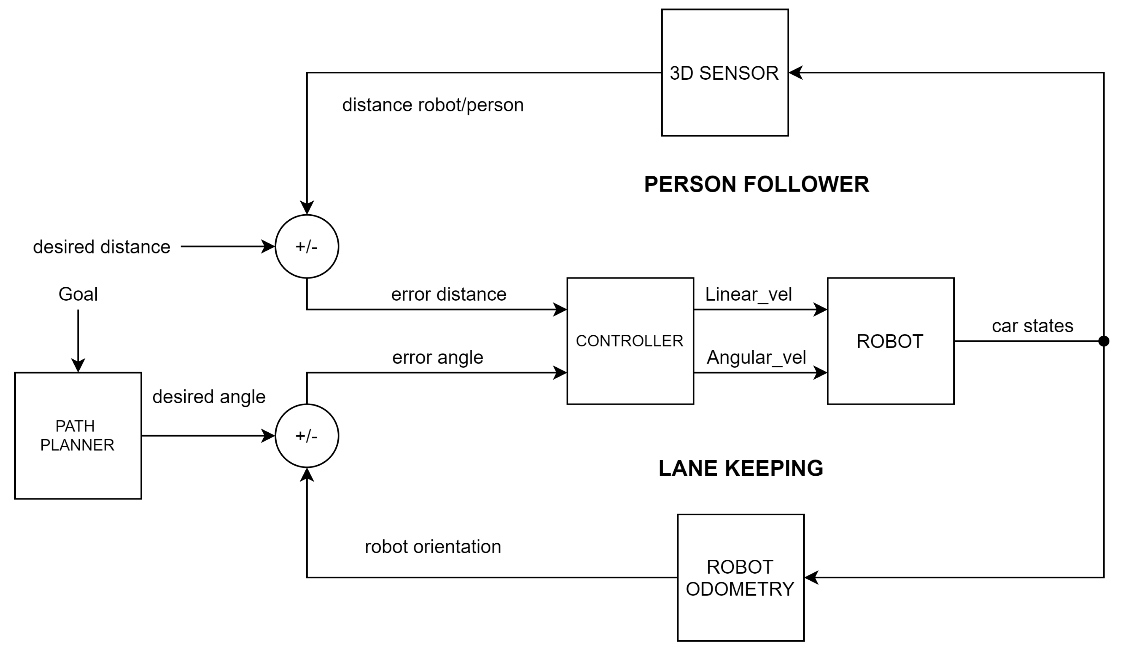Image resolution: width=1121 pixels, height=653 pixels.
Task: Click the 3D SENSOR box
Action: point(725,72)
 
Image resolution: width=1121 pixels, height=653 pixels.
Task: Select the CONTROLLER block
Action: point(630,341)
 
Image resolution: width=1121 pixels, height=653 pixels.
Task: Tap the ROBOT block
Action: point(890,341)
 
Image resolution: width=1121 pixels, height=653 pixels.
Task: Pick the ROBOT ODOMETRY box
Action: point(740,577)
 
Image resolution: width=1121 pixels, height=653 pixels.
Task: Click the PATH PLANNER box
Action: point(78,436)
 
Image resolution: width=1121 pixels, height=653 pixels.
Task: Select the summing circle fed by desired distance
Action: point(307,247)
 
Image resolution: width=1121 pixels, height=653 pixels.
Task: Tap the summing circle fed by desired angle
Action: point(307,436)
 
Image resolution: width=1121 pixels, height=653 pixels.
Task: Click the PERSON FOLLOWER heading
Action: point(756,185)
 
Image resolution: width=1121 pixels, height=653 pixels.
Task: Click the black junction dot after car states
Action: point(1104,341)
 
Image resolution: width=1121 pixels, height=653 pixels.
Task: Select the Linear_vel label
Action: point(748,295)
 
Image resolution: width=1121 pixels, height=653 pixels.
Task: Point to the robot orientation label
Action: point(433,547)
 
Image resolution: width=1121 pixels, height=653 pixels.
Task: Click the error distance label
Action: point(448,295)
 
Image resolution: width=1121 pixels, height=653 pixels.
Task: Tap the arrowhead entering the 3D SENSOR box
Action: point(795,72)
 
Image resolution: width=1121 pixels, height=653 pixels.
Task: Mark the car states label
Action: point(1032,326)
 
